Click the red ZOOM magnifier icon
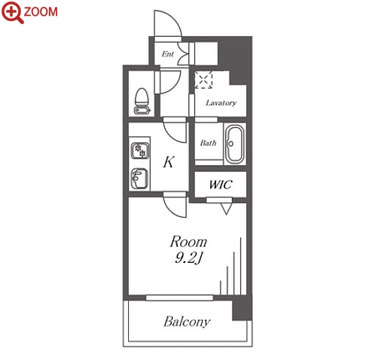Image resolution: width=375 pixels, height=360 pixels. coord(12,12)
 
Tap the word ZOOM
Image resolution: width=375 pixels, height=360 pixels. coord(41,12)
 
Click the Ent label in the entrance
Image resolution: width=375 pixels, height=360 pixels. coord(168,54)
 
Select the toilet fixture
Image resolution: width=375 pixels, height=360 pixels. coord(142,101)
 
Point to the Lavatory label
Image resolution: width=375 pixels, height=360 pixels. coord(221,102)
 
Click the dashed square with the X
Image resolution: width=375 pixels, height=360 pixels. coord(204,80)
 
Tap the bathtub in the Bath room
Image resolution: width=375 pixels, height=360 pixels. coord(235,144)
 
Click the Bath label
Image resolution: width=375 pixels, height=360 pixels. coord(208,143)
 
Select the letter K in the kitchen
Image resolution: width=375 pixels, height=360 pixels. coord(169,162)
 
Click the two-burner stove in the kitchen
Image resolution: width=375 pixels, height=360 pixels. coord(140,151)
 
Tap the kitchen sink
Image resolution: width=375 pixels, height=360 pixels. coord(139,178)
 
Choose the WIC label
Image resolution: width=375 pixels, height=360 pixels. coord(221,185)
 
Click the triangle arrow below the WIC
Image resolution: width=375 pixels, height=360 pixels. coord(226,209)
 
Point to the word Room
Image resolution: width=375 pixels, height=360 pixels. coord(189,242)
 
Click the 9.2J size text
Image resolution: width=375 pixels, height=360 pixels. coord(188,258)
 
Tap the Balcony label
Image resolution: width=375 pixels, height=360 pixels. coord(187,322)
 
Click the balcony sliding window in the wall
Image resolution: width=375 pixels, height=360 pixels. coord(179,297)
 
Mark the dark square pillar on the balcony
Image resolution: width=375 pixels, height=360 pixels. coord(242,309)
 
